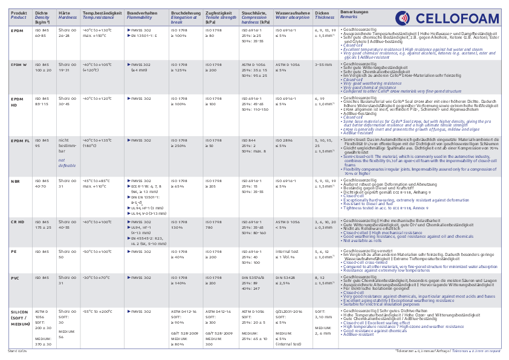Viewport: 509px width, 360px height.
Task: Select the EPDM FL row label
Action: point(20,140)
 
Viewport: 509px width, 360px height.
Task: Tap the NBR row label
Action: point(15,180)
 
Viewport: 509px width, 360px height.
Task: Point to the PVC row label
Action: point(15,278)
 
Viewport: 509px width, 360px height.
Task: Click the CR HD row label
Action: point(18,222)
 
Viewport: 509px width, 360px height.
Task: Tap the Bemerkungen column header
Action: point(353,12)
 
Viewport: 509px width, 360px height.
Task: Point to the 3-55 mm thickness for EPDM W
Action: point(323,64)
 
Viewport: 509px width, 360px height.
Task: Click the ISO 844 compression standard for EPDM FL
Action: point(249,140)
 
